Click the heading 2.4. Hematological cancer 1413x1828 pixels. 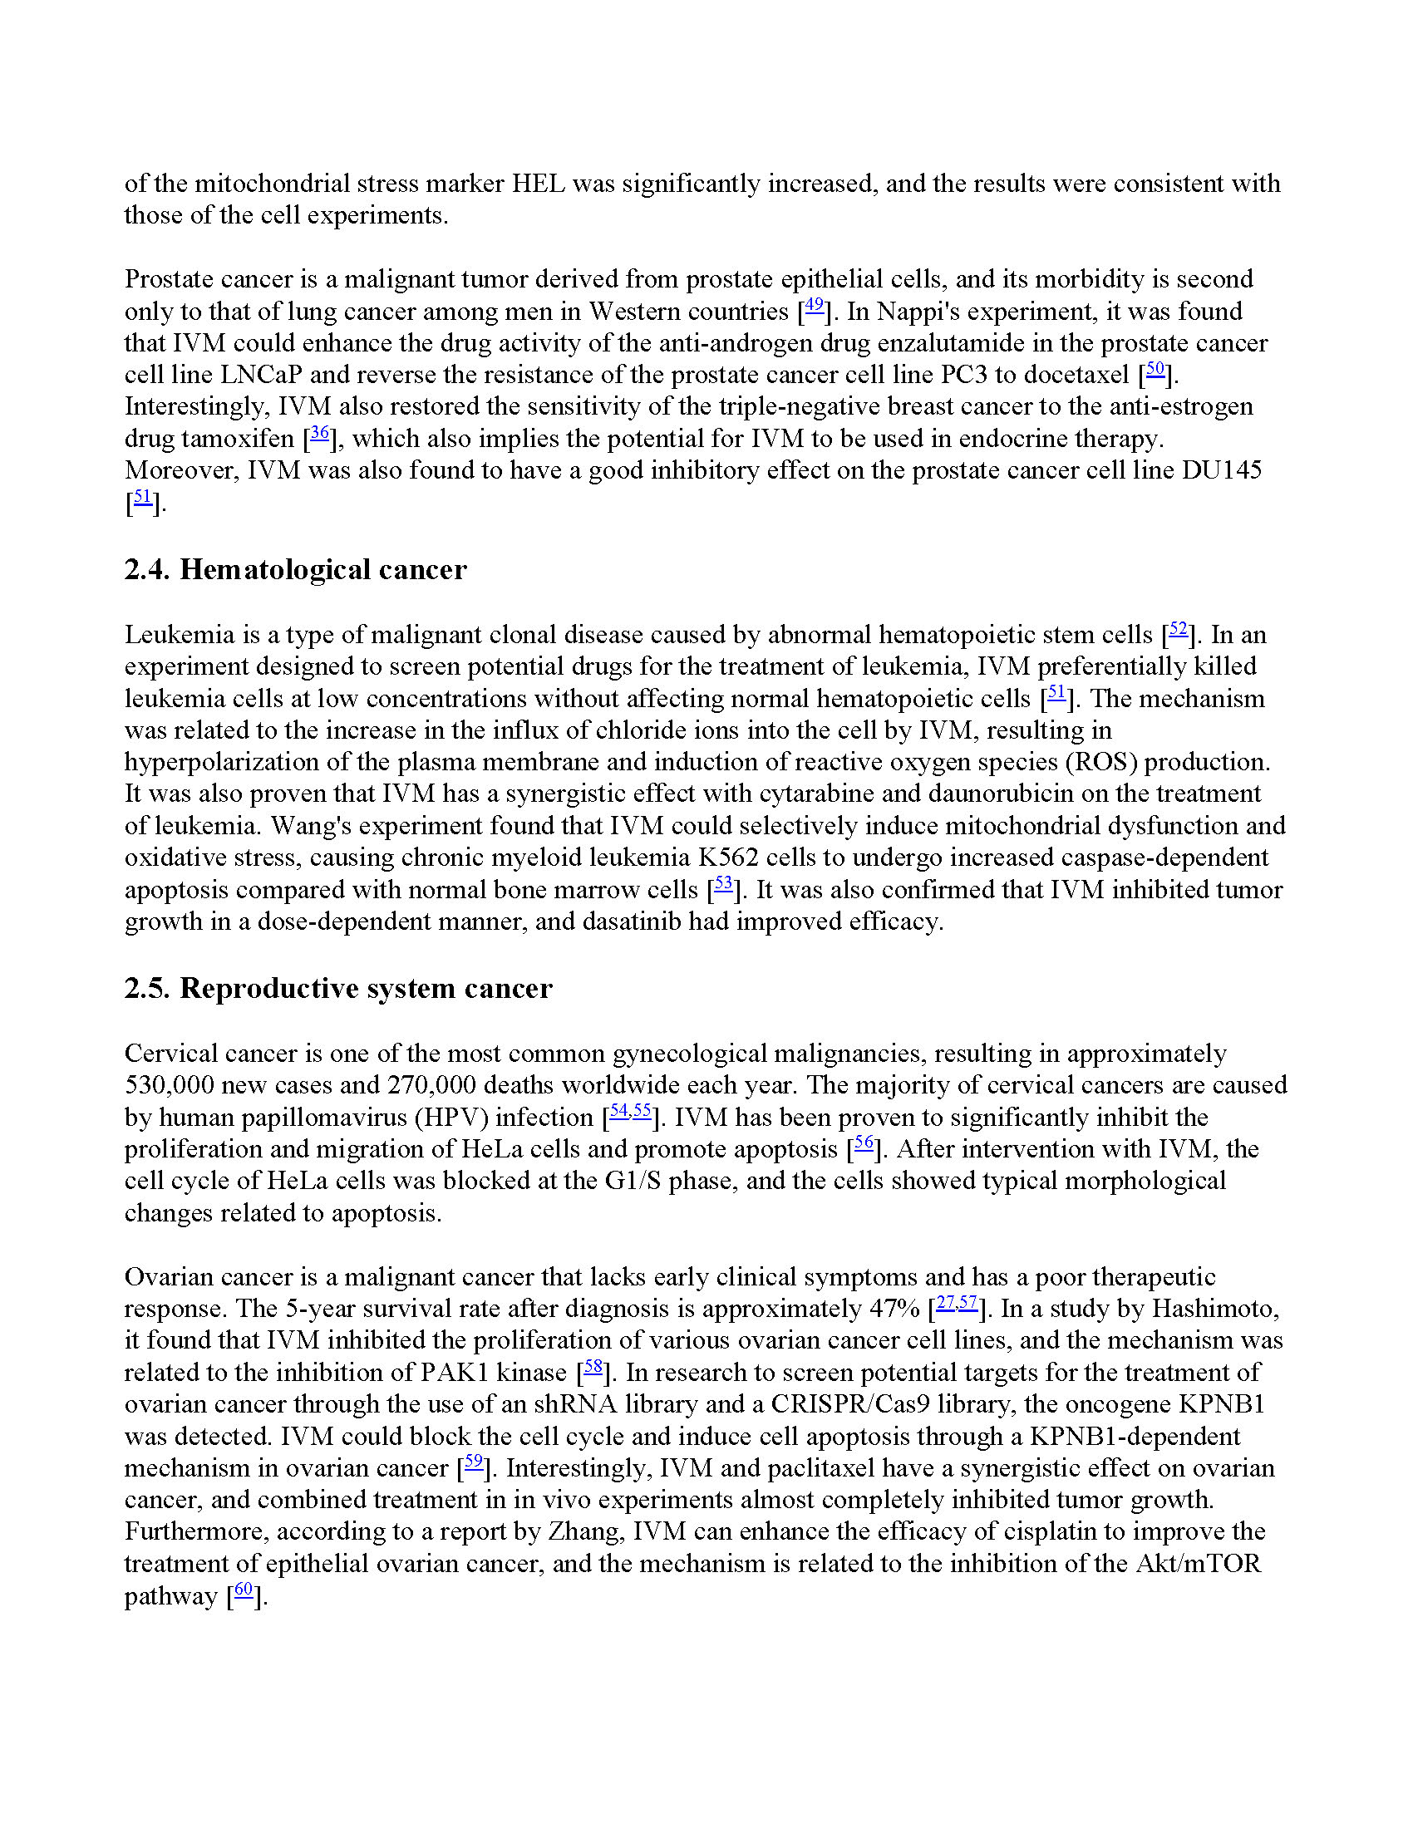(x=295, y=570)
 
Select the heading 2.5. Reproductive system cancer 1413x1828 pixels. (x=338, y=989)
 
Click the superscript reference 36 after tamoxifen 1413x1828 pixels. (x=319, y=434)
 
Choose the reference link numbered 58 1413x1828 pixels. (x=593, y=1368)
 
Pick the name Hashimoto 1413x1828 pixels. (x=1214, y=1309)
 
